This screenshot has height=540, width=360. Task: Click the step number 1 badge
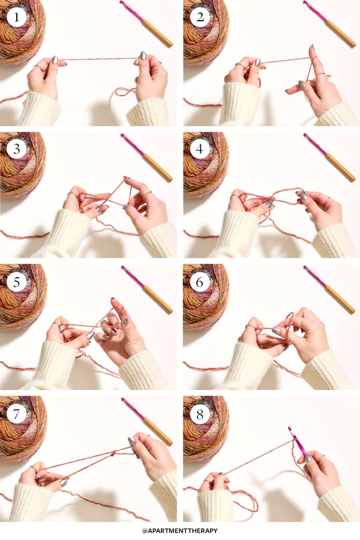coord(17,17)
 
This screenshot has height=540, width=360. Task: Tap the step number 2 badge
coord(200,17)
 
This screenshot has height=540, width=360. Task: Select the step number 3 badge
coord(17,149)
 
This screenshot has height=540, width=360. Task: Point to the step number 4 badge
coord(200,149)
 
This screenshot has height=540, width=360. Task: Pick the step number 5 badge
coord(17,282)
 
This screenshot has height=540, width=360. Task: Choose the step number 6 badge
coord(200,282)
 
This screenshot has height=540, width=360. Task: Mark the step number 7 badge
coord(17,413)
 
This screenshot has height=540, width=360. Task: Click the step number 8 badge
coord(200,413)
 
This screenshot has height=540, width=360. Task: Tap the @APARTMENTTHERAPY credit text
coord(180,531)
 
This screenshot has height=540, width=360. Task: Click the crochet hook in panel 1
coord(146,24)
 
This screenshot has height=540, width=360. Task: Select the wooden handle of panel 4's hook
coord(340,167)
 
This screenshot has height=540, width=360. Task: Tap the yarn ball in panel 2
coord(206,32)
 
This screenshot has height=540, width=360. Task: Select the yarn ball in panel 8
coord(206,428)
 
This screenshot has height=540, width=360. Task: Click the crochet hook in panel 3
coord(146,157)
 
